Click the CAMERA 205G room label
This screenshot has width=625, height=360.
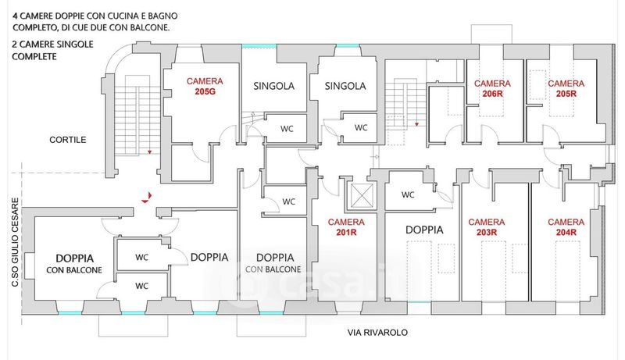point(205,87)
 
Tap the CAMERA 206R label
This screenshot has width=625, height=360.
point(492,88)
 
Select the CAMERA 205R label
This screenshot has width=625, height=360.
point(566,88)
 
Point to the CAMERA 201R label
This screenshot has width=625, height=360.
point(346,227)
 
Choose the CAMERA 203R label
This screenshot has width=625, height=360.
point(486,227)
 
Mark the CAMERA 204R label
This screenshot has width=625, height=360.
point(566,227)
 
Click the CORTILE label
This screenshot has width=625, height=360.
point(68,140)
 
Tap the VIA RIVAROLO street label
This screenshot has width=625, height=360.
point(377,333)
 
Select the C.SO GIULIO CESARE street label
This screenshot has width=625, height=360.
point(15,242)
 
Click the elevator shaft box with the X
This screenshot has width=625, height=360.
point(362,195)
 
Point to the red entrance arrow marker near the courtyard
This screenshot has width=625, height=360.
point(147,198)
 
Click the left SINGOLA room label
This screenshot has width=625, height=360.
point(274,86)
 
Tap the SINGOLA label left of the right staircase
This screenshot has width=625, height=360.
point(345,86)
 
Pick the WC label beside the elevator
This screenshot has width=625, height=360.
point(408,194)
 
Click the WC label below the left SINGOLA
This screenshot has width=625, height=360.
point(287,129)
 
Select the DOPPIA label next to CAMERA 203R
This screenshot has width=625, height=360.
point(424,230)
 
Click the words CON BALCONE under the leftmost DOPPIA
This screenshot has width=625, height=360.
point(74,270)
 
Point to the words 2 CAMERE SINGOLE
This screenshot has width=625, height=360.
point(52,45)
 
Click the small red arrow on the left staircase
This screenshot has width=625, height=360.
point(150,151)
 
